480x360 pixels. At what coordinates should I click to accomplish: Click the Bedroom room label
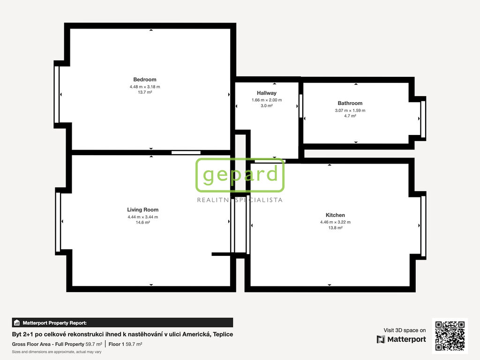(x=144, y=80)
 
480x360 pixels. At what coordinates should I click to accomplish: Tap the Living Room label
(x=142, y=210)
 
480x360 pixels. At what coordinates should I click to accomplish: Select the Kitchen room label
(x=335, y=215)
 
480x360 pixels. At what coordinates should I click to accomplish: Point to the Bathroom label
(x=350, y=103)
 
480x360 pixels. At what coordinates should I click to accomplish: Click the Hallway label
(x=267, y=93)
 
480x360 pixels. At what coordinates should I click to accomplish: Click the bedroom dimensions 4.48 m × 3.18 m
(x=145, y=87)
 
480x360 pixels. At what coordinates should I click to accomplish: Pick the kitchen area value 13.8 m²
(x=335, y=228)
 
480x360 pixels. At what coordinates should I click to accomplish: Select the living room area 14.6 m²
(x=142, y=222)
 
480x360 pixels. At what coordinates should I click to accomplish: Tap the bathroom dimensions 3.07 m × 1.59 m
(x=350, y=111)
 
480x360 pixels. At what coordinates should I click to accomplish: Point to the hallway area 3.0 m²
(x=267, y=105)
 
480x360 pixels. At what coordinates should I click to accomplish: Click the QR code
(x=450, y=336)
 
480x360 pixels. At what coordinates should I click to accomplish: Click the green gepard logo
(x=240, y=175)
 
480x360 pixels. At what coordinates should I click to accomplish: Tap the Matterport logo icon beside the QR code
(x=381, y=339)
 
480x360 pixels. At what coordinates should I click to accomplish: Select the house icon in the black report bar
(x=17, y=322)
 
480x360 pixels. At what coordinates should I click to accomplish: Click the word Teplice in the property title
(x=223, y=334)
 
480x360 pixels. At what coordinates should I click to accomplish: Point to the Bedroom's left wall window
(x=57, y=95)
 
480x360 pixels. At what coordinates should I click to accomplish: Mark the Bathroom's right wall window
(x=423, y=119)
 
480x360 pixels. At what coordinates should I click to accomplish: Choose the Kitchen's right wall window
(x=423, y=226)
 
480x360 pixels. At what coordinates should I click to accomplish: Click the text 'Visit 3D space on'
(x=405, y=330)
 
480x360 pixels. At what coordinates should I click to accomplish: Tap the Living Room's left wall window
(x=58, y=222)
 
